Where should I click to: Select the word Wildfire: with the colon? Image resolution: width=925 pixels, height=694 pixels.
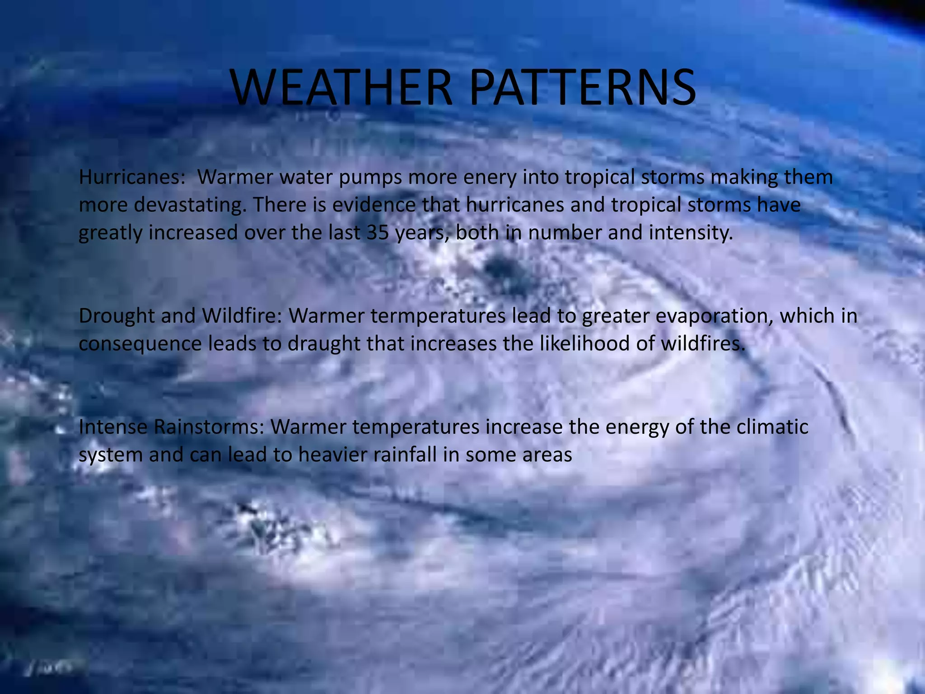[242, 316]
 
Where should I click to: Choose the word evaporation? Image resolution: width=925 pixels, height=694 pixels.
[714, 317]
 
